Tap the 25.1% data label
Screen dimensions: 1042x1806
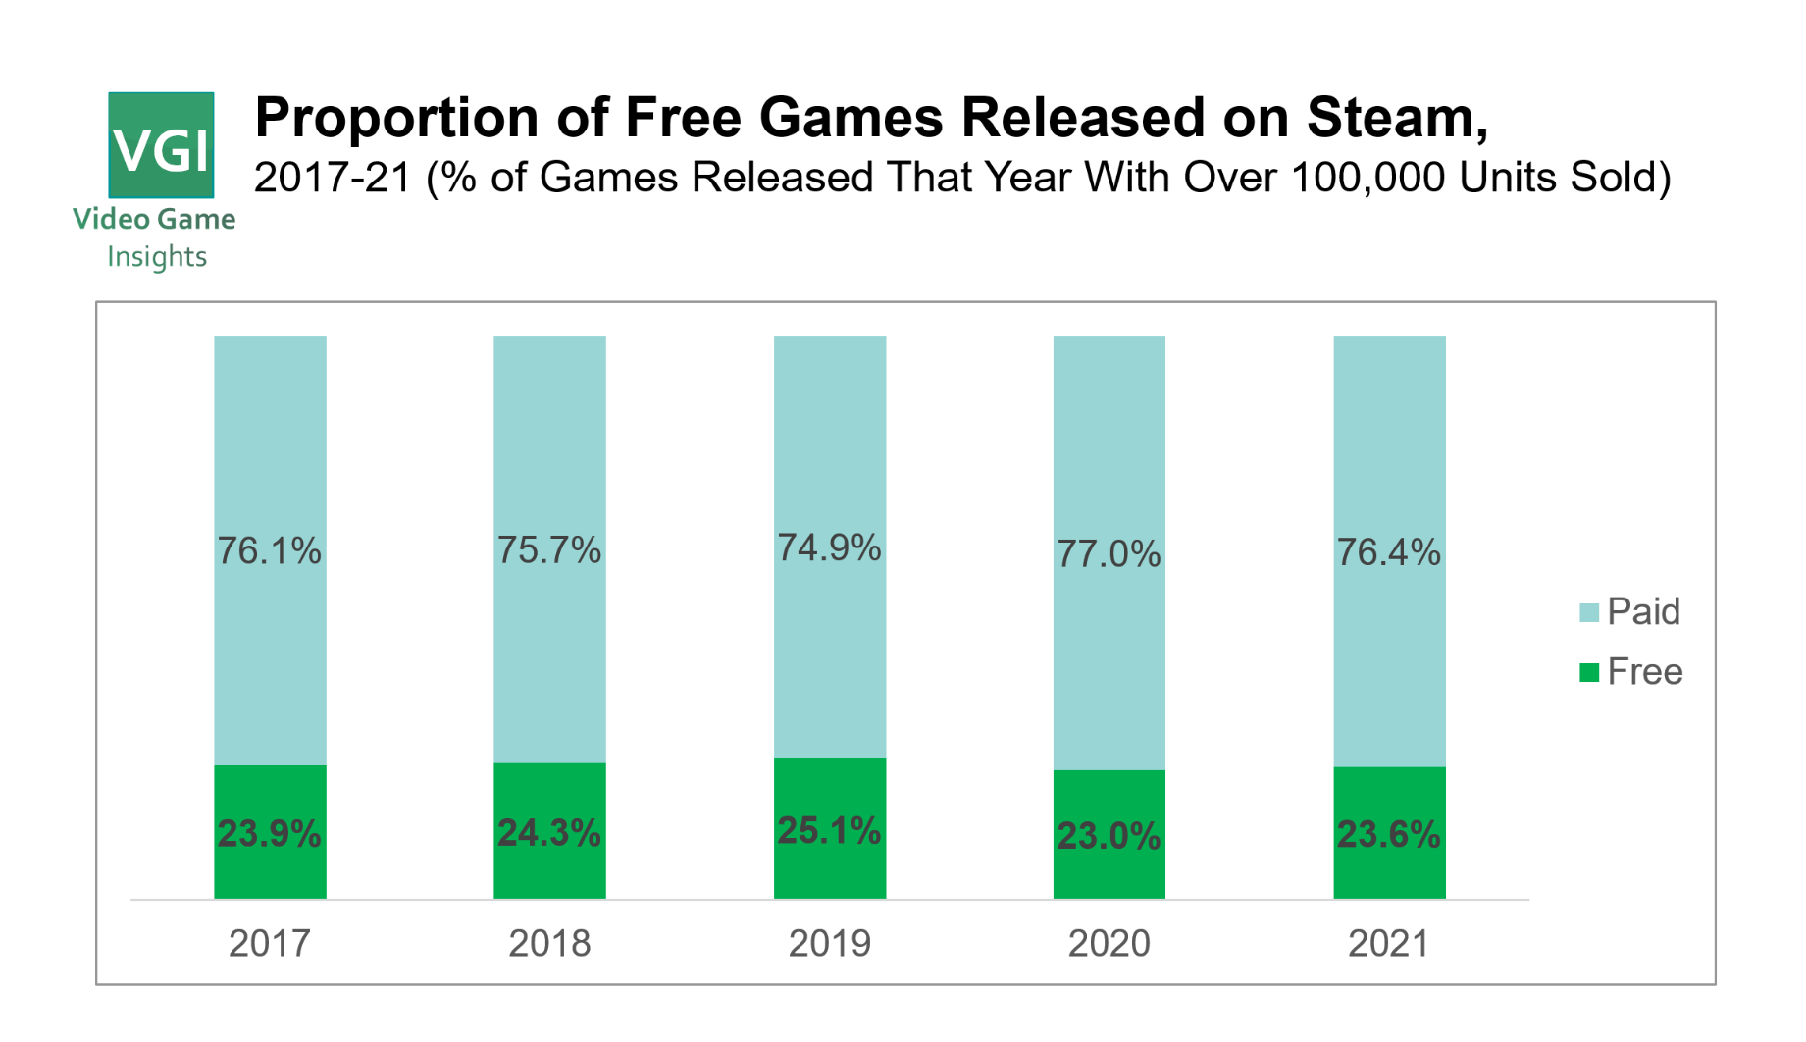click(829, 831)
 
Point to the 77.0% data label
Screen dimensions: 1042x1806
click(1109, 554)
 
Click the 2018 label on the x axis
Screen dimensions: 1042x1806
click(549, 943)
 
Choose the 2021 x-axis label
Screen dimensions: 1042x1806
click(1388, 943)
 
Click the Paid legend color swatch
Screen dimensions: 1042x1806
click(1588, 613)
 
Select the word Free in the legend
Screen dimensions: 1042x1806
click(1645, 672)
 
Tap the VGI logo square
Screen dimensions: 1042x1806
click(161, 145)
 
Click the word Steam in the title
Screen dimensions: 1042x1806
click(1396, 118)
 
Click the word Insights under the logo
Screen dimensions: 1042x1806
click(157, 257)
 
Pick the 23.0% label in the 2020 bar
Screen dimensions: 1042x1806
click(1109, 836)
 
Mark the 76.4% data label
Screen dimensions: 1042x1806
click(1388, 552)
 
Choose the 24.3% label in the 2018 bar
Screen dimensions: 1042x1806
click(549, 833)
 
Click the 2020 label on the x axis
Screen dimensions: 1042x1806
click(1109, 943)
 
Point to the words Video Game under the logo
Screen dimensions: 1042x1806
click(154, 219)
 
